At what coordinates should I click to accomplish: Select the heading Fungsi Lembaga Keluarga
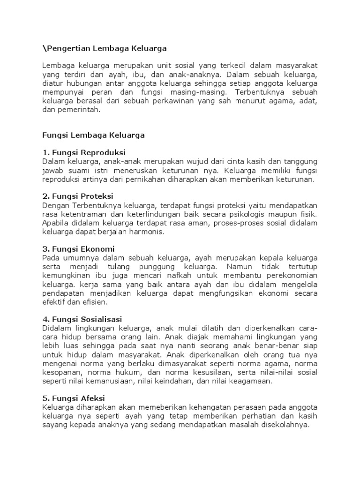[x=93, y=135]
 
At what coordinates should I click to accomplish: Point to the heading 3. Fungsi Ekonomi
[x=78, y=249]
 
